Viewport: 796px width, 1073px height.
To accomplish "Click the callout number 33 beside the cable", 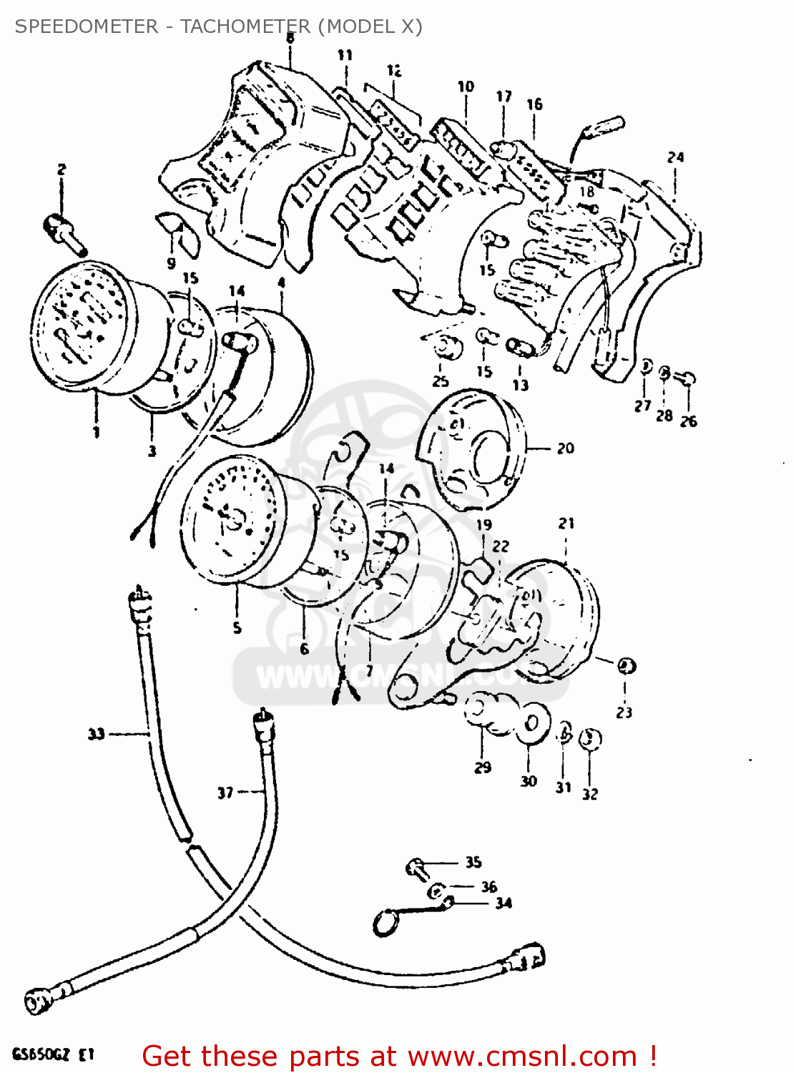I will point(96,734).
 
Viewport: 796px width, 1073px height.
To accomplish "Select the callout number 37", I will point(225,793).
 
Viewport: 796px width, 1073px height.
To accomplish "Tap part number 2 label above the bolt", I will point(62,170).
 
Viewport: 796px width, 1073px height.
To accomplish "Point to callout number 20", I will point(565,449).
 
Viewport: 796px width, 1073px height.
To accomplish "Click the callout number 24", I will point(675,157).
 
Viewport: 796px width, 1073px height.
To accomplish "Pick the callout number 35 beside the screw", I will point(473,862).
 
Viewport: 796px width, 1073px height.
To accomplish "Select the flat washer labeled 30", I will point(531,723).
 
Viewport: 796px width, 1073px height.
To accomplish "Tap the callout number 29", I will point(483,768).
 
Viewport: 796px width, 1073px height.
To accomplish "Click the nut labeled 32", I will point(590,739).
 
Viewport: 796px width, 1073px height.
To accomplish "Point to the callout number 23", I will point(624,712).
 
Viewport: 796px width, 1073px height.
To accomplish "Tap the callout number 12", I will point(394,70).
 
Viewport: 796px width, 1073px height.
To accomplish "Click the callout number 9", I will point(171,263).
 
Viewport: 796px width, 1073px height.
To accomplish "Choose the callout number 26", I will point(688,421).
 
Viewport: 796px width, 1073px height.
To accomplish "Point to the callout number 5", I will point(237,628).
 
